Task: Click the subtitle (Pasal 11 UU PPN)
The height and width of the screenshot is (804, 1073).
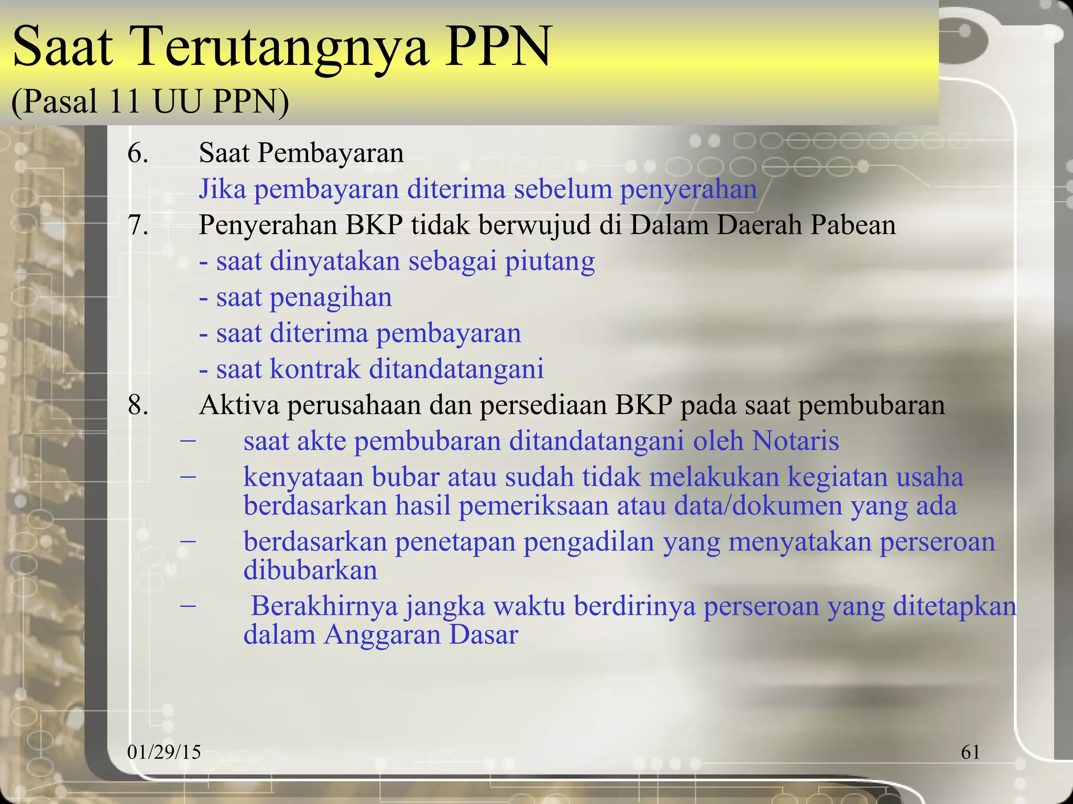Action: (150, 100)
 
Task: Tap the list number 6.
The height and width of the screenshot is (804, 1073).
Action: (138, 153)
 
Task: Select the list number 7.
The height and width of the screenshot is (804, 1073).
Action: (138, 226)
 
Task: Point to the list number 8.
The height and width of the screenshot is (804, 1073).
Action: (138, 405)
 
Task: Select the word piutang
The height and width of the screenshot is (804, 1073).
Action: (550, 261)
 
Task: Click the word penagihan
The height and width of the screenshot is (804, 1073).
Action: (330, 298)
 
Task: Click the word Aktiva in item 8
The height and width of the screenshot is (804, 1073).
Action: (239, 405)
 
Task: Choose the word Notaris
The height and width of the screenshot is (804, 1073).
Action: (795, 441)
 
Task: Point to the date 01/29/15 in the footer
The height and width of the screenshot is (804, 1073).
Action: (164, 752)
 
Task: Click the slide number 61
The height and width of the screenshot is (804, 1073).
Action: (970, 752)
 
